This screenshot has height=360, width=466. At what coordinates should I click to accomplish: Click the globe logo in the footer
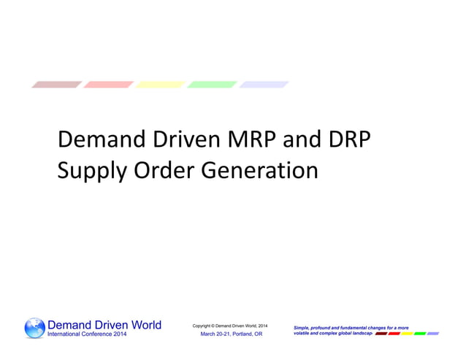(x=34, y=328)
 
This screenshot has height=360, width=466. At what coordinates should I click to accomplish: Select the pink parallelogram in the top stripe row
(x=108, y=85)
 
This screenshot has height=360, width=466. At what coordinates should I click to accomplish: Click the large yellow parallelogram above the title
(x=160, y=85)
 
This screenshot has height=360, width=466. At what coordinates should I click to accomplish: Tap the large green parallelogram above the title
(x=212, y=85)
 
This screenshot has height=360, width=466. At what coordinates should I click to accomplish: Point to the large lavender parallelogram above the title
(x=264, y=85)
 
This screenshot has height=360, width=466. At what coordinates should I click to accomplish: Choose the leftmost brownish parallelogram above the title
(x=56, y=85)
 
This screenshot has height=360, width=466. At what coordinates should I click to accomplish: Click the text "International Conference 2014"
(x=87, y=334)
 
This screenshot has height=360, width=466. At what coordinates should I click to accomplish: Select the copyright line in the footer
(x=229, y=324)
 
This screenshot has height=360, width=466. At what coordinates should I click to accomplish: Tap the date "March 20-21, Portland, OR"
(x=231, y=334)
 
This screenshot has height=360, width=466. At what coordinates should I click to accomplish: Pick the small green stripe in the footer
(x=420, y=333)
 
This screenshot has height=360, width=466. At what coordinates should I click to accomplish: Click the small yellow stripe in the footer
(x=407, y=333)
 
